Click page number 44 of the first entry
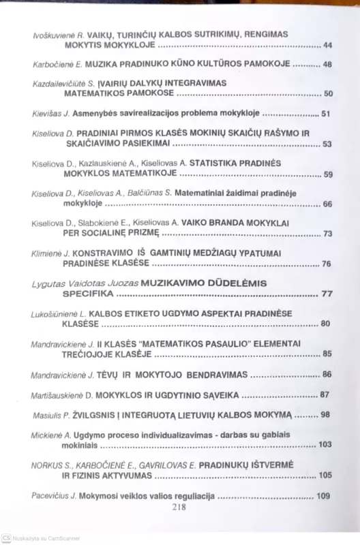point(327,46)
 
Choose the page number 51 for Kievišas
point(325,114)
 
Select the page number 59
point(327,175)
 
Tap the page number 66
point(327,204)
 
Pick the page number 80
point(325,324)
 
